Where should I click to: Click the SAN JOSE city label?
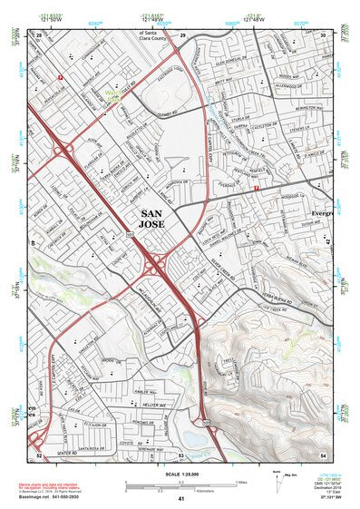point(156,221)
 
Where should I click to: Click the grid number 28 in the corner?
point(39,34)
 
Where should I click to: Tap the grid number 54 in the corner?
point(323,453)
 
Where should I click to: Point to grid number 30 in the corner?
point(323,34)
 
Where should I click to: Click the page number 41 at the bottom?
point(181,498)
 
